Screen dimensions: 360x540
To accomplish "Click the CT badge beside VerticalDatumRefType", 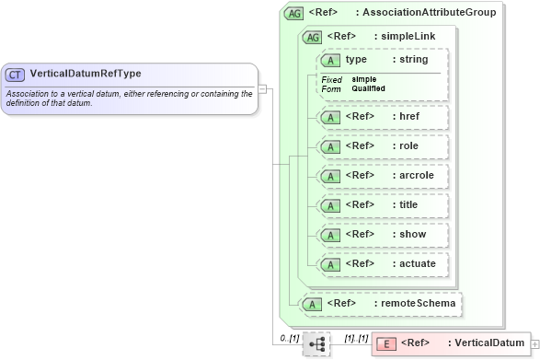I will tap(16, 74).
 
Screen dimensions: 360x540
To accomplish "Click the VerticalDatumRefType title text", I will tap(86, 74).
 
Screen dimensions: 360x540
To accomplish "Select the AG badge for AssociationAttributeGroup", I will tap(293, 14).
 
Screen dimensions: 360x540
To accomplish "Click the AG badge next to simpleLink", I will tap(312, 38).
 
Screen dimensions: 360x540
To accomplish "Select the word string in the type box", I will tap(410, 60).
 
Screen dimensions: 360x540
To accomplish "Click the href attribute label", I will tap(407, 117).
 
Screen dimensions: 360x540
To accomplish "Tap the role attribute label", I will tap(407, 145).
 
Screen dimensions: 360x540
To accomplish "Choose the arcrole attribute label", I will tap(413, 175).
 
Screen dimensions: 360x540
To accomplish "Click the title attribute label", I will tap(407, 204).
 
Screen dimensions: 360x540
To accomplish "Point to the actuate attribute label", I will tap(414, 263).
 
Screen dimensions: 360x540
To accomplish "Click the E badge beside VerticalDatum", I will tap(387, 344).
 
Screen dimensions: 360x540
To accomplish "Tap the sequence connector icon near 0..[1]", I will tap(316, 344).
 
